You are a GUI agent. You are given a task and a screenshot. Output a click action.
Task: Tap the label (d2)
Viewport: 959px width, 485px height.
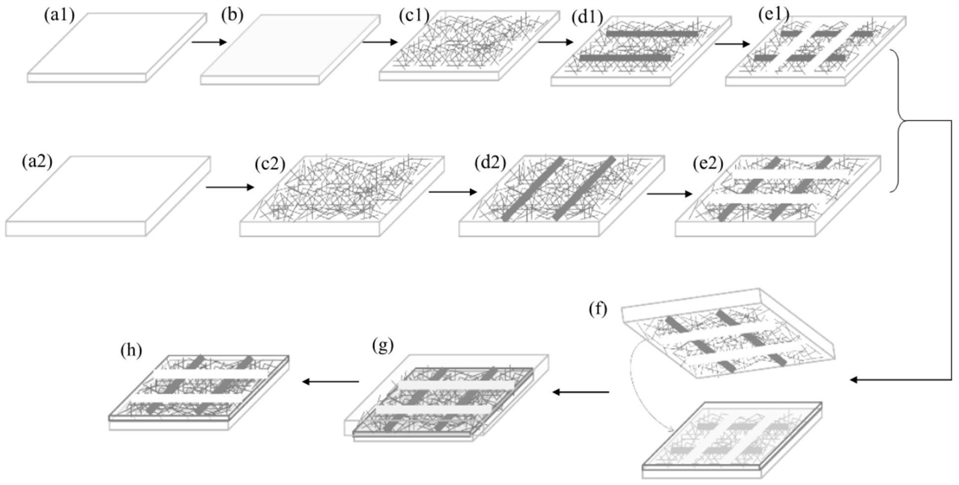point(492,160)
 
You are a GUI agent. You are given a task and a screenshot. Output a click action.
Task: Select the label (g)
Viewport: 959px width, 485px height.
point(383,346)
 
